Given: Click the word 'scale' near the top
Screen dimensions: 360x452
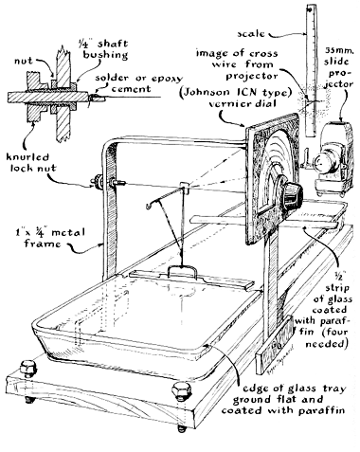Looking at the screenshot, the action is [x=251, y=33].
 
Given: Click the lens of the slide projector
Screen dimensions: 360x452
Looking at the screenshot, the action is [x=322, y=163].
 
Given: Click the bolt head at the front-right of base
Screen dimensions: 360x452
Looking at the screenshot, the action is [x=182, y=391].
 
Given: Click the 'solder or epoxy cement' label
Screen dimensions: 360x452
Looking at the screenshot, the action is [x=138, y=83].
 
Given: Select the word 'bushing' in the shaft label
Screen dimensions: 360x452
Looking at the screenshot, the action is [x=105, y=54].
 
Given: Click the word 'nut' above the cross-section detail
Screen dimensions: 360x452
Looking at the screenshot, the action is [x=24, y=61].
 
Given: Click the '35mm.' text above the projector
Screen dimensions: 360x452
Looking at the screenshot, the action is [x=338, y=50].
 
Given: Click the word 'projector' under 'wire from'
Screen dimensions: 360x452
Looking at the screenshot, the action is [x=252, y=76].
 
